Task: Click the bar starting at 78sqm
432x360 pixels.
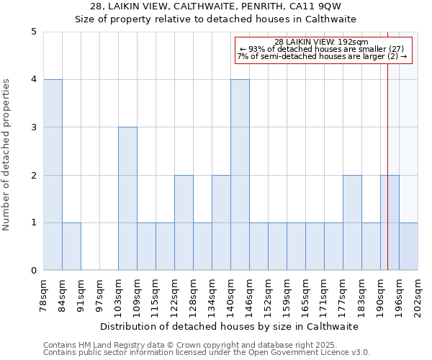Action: click(x=53, y=175)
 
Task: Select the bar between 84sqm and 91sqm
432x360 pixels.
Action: click(x=71, y=246)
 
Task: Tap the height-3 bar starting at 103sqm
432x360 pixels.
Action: click(x=127, y=199)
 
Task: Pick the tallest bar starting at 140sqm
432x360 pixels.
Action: click(x=240, y=175)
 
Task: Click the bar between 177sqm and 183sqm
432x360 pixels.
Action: click(x=352, y=222)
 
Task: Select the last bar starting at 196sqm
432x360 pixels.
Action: click(x=408, y=246)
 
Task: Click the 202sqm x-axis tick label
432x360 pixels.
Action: click(x=418, y=296)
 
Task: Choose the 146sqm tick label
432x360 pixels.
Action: click(x=249, y=296)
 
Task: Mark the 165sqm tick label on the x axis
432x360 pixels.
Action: click(x=305, y=296)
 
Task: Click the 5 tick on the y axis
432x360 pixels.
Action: click(x=33, y=32)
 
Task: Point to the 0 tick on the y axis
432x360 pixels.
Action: click(x=33, y=271)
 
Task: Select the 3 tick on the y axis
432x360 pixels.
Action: click(x=33, y=127)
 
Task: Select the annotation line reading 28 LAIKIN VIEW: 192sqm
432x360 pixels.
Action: click(x=322, y=42)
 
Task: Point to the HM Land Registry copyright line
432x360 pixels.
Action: click(x=205, y=345)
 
